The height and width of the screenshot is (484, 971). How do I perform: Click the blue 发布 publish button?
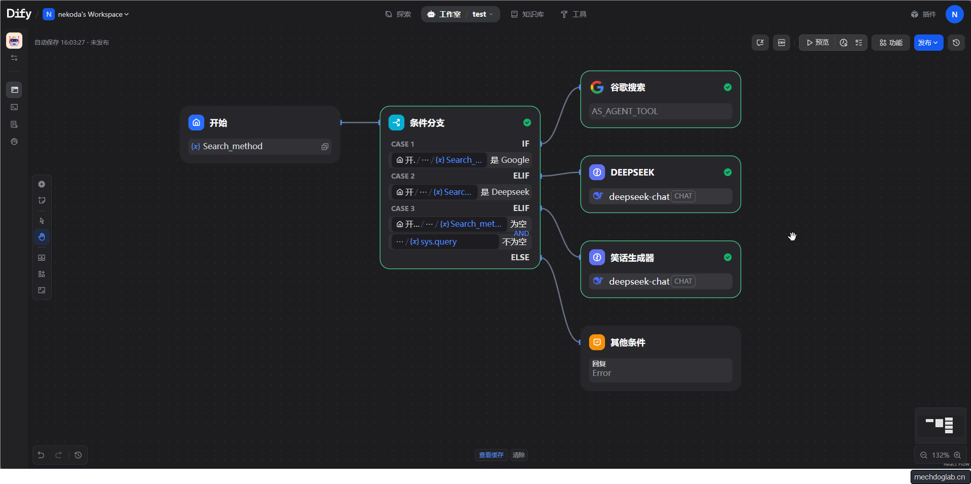pyautogui.click(x=927, y=43)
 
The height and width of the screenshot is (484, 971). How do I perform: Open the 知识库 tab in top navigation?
pyautogui.click(x=528, y=14)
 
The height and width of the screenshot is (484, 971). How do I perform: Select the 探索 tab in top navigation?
pyautogui.click(x=398, y=14)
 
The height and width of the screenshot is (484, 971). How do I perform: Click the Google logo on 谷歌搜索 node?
pyautogui.click(x=597, y=87)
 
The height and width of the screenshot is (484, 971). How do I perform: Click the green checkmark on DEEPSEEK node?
pyautogui.click(x=728, y=172)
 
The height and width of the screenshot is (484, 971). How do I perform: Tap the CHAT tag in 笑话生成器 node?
pyautogui.click(x=683, y=281)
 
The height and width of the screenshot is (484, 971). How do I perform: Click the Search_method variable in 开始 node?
pyautogui.click(x=233, y=147)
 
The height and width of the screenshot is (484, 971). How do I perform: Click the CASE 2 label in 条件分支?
pyautogui.click(x=403, y=176)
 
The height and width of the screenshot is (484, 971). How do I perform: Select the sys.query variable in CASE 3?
pyautogui.click(x=438, y=242)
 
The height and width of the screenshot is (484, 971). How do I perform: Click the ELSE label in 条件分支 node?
pyautogui.click(x=520, y=257)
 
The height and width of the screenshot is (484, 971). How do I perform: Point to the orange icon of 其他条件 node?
pyautogui.click(x=597, y=342)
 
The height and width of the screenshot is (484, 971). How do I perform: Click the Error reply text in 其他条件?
pyautogui.click(x=602, y=373)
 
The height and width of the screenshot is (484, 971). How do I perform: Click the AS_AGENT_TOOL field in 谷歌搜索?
pyautogui.click(x=625, y=111)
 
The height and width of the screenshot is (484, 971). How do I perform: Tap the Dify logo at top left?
pyautogui.click(x=19, y=14)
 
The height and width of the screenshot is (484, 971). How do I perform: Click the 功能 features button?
pyautogui.click(x=891, y=43)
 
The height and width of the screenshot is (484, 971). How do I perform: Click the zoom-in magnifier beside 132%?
pyautogui.click(x=957, y=455)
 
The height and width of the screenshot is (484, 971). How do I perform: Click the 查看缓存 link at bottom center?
pyautogui.click(x=491, y=455)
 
